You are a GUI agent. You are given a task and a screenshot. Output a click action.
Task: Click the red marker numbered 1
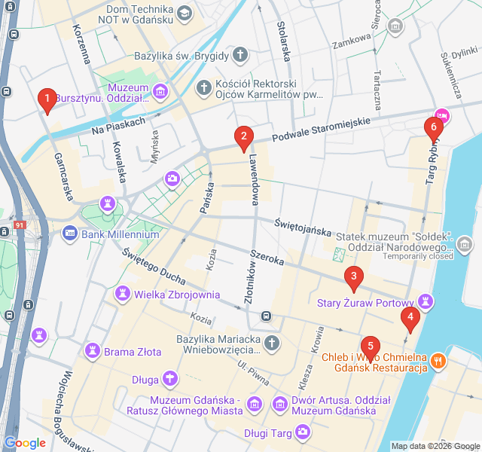pos(47,99)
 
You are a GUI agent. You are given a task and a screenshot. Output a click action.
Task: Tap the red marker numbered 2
pos(243,137)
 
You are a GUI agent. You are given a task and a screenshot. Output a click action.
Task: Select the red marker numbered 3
pos(353,277)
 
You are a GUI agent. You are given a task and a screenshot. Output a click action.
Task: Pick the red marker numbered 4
pos(410,317)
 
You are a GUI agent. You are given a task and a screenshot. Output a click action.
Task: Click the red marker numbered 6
pos(432,127)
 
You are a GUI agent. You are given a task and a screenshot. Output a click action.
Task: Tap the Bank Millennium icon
pos(70,234)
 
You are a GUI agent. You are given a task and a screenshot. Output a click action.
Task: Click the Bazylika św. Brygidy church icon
pos(239,55)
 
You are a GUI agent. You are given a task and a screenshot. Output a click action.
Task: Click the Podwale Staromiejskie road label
pos(321,130)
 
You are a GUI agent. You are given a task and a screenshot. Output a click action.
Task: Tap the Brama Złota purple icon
pos(93,350)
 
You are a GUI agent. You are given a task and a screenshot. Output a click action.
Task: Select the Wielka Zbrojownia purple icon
pos(123,295)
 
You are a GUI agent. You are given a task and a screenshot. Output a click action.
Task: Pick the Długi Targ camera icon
pos(303,432)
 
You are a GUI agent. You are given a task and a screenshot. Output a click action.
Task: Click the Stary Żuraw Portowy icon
pos(427,302)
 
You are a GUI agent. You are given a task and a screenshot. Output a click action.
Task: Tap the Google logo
pos(25,443)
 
